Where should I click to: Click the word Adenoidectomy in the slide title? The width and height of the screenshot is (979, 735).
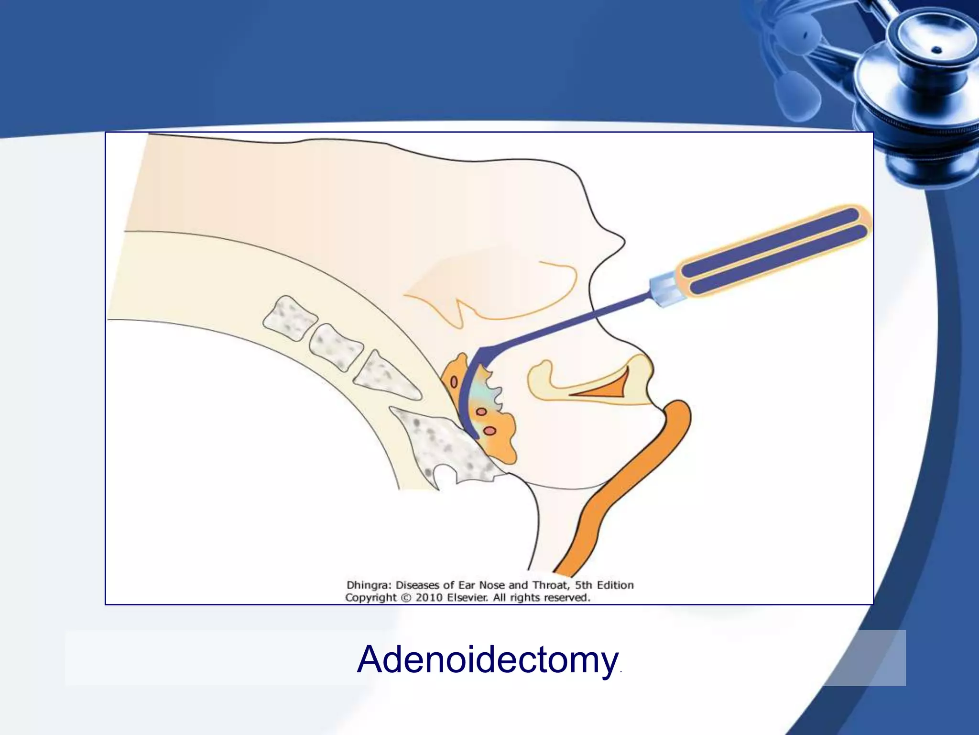click(486, 659)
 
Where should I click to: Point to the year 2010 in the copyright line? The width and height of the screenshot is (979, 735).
click(431, 598)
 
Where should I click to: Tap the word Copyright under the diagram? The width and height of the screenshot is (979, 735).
click(370, 598)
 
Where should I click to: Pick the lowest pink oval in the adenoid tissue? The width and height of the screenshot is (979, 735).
click(490, 431)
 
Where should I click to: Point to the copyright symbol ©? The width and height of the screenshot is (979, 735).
click(406, 598)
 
